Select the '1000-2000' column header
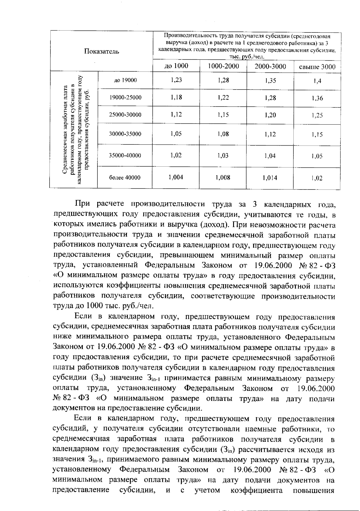coord(223,66)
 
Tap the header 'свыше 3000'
coord(317,67)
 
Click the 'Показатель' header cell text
coord(101,51)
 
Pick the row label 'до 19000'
coord(125,80)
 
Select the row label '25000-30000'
coord(125,115)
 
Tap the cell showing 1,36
coord(317,98)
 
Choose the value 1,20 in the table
coord(270,115)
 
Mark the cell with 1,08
coord(223,134)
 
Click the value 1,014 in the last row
coord(270,178)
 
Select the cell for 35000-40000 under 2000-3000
coord(270,156)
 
